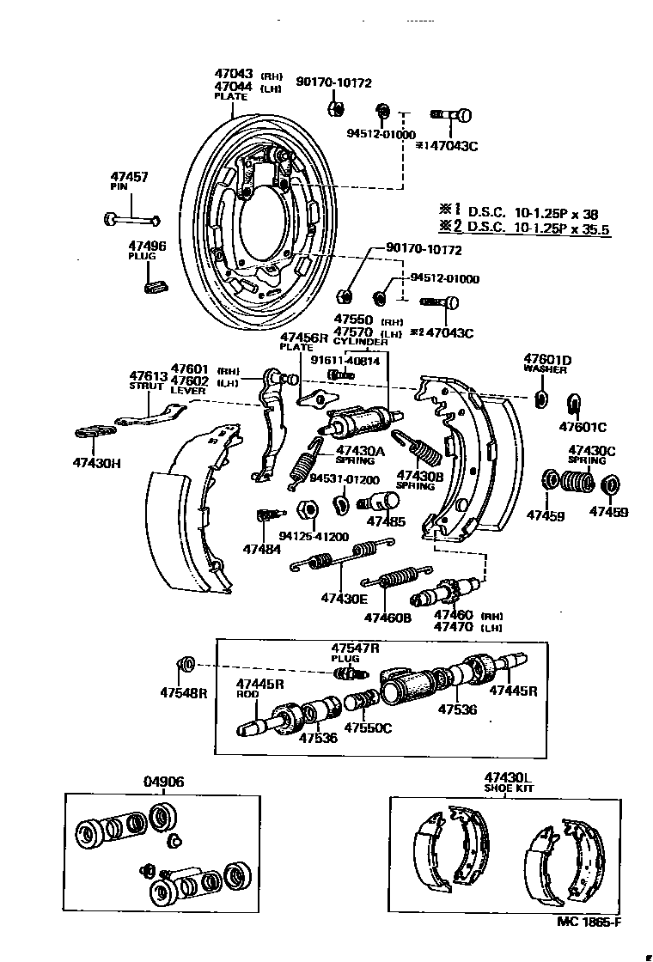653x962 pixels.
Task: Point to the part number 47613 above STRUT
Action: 148,375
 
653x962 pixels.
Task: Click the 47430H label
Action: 96,463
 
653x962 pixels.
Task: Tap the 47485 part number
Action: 386,521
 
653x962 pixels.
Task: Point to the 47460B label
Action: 388,618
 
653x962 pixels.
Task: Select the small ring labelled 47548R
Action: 184,665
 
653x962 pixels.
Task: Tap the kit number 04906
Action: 162,782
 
